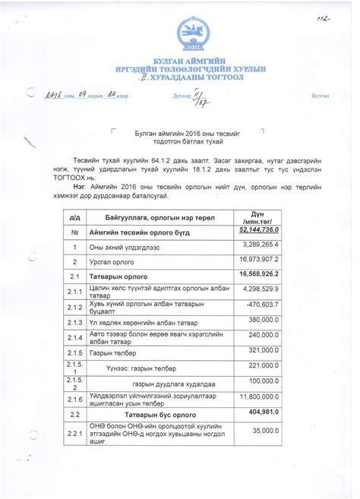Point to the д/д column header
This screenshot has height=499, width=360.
[75, 217]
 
